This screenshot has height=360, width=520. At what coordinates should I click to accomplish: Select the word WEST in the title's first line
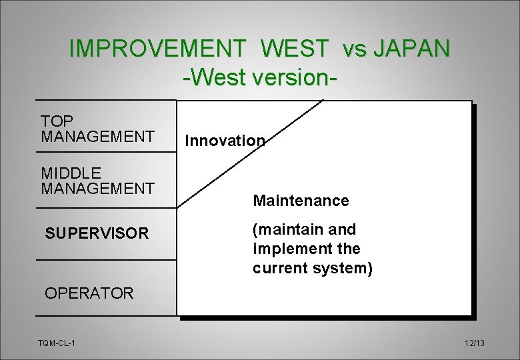coord(295,49)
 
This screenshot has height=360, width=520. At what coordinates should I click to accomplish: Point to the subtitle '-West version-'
coord(259,76)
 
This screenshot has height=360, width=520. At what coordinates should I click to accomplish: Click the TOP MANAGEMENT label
coord(97,129)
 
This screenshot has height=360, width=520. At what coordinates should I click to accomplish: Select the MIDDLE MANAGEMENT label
coord(97,181)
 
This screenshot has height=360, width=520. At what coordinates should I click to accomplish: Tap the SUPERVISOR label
coord(97,233)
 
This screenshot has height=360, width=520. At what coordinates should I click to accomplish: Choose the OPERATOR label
coord(89,293)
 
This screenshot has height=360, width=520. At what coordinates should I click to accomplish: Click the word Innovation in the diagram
coord(225,141)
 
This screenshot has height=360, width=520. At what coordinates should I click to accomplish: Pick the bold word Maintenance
coord(301,201)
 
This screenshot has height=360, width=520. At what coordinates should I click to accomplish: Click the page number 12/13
coord(475,343)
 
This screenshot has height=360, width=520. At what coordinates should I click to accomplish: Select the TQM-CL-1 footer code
coord(57,343)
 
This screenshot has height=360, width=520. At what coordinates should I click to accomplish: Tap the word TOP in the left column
coord(57,121)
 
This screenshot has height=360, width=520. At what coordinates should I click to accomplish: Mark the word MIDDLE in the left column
coord(71,173)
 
